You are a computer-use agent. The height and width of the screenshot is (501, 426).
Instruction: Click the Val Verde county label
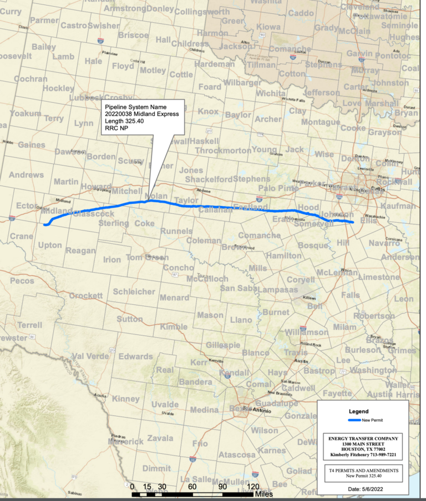point(89,356)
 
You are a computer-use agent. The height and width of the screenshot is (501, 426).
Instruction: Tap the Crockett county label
point(86,295)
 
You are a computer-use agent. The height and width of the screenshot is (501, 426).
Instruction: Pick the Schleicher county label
point(134,292)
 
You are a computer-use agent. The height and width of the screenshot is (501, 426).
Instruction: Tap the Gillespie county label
point(222,345)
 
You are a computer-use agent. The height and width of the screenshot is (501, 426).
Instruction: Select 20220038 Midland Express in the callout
point(141,114)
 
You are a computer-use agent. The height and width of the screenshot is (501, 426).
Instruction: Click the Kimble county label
point(173,327)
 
